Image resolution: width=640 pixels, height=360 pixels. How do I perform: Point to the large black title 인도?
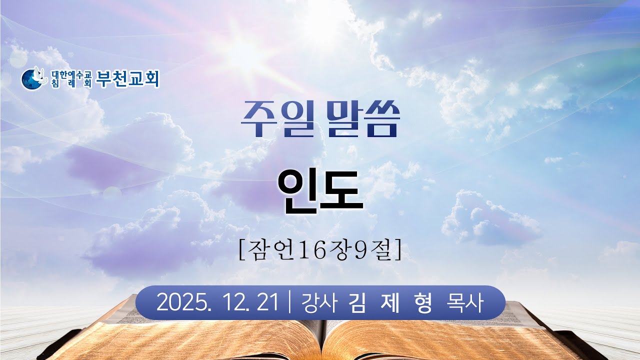[320, 191]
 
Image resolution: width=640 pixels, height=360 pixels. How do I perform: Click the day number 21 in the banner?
[266, 302]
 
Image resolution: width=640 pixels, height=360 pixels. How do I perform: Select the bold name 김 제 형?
[392, 302]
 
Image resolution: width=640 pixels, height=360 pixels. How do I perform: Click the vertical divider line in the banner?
[290, 302]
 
